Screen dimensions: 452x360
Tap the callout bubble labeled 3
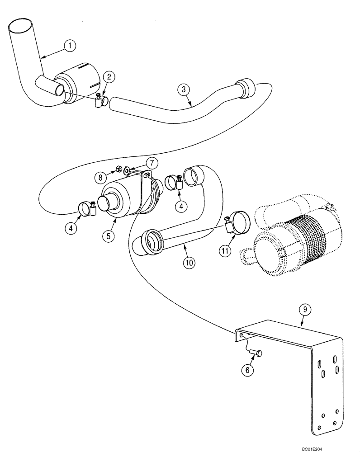183,89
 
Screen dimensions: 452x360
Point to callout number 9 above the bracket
305,310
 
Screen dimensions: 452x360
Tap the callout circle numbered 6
247,369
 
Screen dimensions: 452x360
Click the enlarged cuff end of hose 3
245,89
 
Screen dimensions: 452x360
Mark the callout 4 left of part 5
70,228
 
